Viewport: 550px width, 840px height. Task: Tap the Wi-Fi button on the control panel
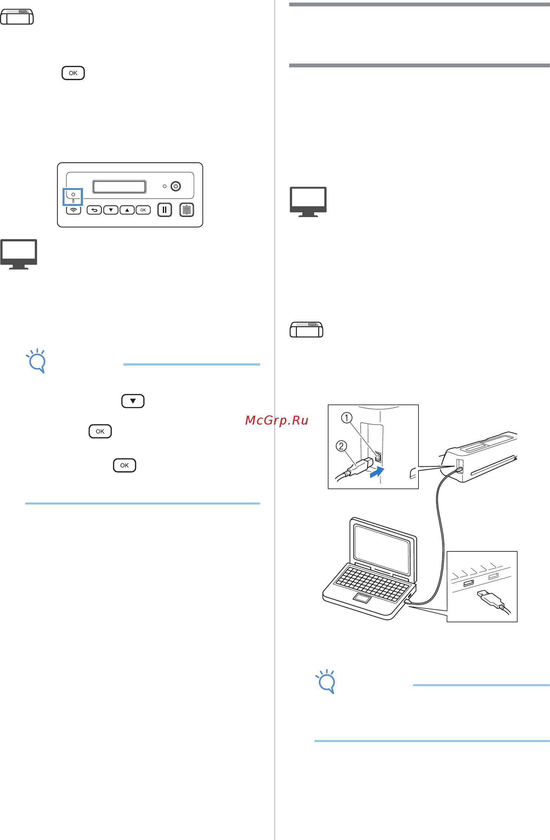pos(73,210)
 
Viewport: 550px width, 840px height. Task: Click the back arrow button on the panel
pos(94,210)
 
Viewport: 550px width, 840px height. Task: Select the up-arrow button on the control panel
pos(127,210)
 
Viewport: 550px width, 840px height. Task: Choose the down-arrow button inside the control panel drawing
pos(111,210)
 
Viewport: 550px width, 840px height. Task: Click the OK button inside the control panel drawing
pos(143,210)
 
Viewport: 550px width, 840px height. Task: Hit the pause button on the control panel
pos(164,210)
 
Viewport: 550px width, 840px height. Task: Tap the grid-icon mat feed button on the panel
pos(187,210)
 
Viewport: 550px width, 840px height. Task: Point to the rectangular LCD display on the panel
pos(119,187)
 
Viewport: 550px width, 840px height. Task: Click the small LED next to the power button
pos(164,186)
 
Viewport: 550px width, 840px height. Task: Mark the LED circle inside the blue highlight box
pos(73,194)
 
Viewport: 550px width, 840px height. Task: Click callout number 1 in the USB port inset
pos(346,418)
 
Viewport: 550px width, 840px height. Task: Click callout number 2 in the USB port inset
pos(341,446)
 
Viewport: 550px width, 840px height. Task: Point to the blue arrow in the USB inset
pos(377,472)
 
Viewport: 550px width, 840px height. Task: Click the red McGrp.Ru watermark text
pos(276,420)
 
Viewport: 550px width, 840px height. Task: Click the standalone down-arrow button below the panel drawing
pos(133,401)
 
